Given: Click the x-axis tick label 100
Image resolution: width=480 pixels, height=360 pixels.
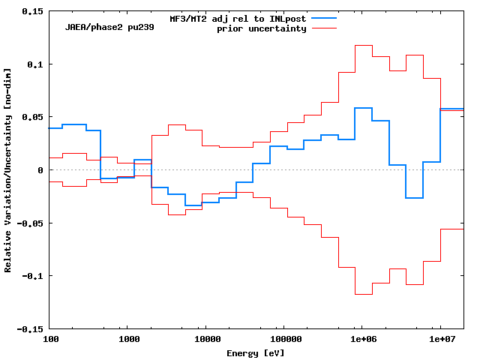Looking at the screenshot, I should [x=49, y=340].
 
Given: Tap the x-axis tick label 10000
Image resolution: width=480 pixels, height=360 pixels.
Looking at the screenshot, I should [x=205, y=340].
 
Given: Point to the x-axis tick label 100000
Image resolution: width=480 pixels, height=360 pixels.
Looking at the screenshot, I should [x=283, y=340].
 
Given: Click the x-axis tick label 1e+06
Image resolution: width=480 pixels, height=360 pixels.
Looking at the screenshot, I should [x=361, y=340].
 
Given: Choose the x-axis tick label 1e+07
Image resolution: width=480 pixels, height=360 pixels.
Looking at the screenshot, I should [x=439, y=340].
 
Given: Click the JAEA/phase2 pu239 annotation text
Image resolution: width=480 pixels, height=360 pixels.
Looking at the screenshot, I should [x=103, y=26].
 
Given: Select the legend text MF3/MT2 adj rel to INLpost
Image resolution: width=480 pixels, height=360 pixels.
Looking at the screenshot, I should [x=238, y=17].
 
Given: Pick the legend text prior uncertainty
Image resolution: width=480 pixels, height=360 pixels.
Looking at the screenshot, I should [x=262, y=28].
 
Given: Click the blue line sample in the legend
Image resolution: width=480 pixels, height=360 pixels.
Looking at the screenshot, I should [x=324, y=17].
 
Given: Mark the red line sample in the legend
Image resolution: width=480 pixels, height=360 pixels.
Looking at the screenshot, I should [x=324, y=28].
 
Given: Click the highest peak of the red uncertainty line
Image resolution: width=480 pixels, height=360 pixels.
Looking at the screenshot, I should [x=363, y=45].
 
